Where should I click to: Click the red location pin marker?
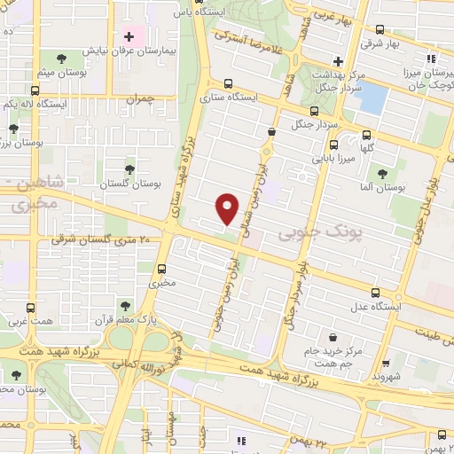click(227, 207)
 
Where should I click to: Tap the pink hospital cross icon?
click(129, 37)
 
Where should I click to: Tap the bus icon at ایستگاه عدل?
click(376, 292)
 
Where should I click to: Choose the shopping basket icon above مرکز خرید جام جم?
click(332, 337)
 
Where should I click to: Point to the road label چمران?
click(140, 100)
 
